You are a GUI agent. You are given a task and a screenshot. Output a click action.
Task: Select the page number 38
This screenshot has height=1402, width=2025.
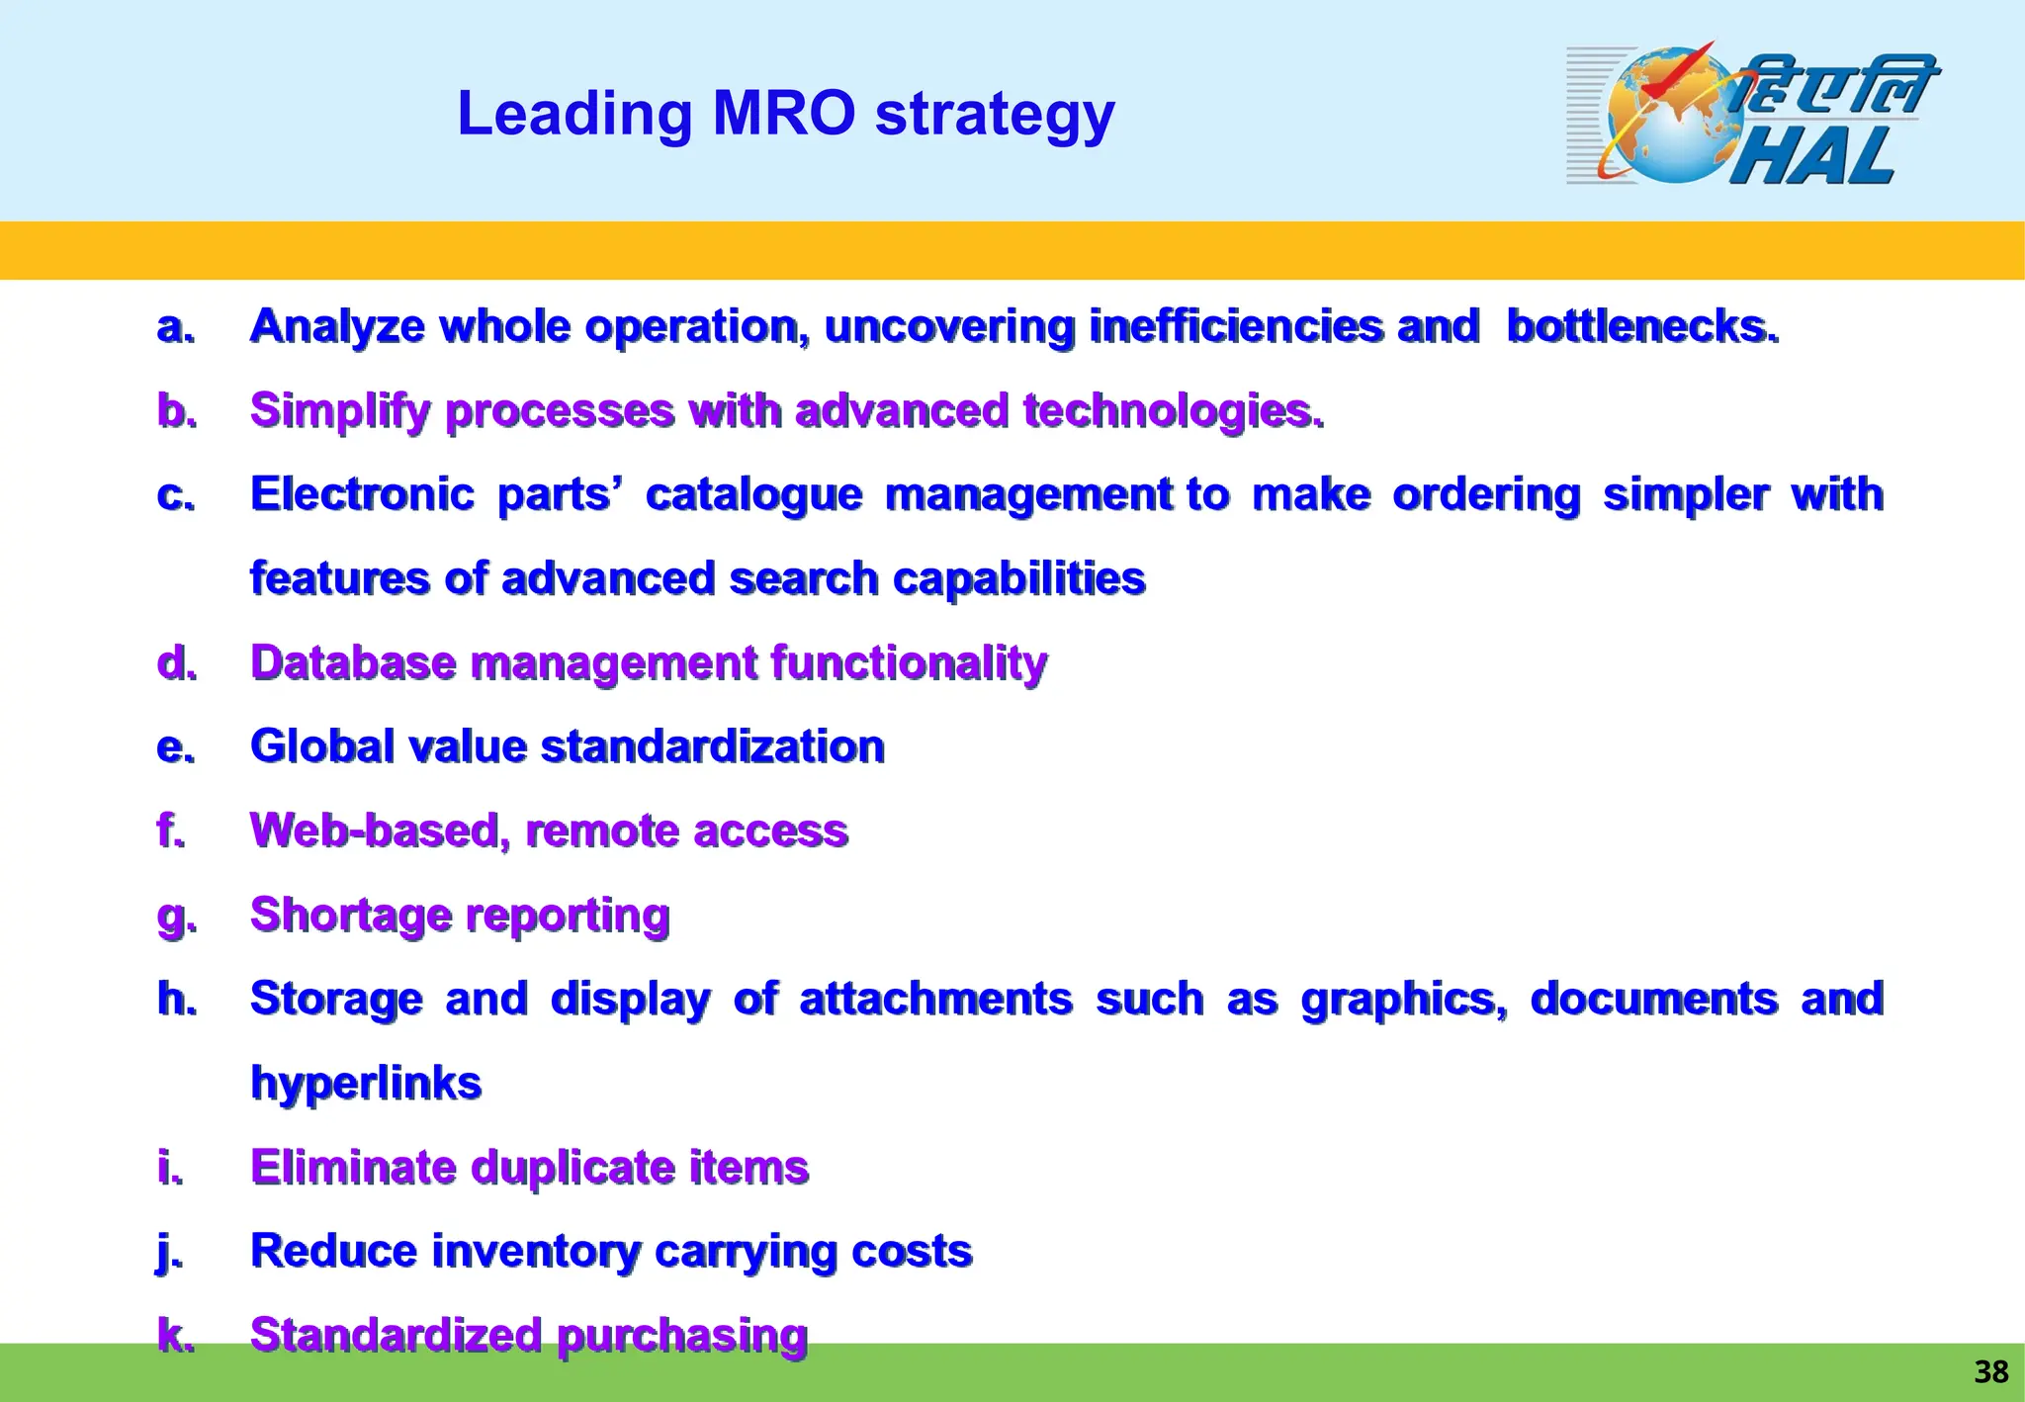(x=1990, y=1371)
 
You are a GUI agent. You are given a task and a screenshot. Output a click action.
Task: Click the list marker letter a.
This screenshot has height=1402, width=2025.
(x=174, y=327)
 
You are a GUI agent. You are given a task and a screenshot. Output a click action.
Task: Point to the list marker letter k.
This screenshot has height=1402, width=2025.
(x=174, y=1336)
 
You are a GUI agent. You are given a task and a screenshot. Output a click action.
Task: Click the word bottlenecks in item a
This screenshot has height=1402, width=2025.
(x=1641, y=326)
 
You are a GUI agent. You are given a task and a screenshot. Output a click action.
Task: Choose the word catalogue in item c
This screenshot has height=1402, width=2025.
(x=753, y=494)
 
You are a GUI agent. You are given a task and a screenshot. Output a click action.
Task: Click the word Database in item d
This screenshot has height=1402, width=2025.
(x=353, y=662)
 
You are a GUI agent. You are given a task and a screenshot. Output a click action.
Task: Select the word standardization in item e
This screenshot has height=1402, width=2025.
(x=713, y=746)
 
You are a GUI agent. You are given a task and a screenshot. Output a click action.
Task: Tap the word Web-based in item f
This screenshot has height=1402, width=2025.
(x=380, y=831)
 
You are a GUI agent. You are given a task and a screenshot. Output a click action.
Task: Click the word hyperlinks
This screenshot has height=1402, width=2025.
(x=366, y=1084)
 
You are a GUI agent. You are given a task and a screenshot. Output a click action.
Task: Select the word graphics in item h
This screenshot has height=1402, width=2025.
(x=1402, y=1000)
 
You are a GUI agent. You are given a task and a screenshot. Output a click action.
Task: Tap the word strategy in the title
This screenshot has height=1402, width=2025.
(x=995, y=115)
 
